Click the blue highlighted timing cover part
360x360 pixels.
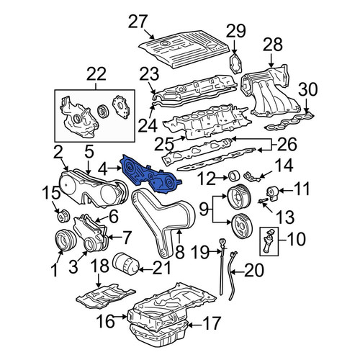150,174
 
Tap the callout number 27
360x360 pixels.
138,22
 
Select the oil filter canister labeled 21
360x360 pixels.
125,264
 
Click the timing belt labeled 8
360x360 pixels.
163,222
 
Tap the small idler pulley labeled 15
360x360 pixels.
63,215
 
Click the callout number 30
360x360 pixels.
308,89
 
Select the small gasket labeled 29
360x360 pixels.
235,63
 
